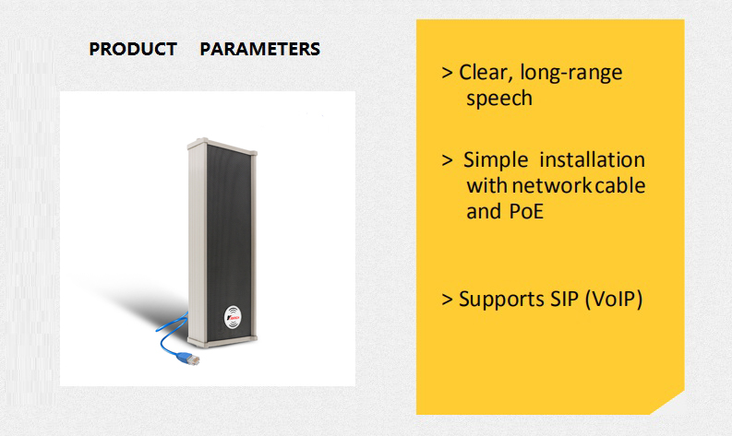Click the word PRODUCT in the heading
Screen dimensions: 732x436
[x=133, y=49]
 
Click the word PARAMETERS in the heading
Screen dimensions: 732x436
[x=260, y=49]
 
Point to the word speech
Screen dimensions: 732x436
[x=499, y=99]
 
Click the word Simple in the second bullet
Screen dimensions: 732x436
[x=496, y=161]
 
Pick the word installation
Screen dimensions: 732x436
[x=593, y=159]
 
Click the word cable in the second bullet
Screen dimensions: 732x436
[x=620, y=185]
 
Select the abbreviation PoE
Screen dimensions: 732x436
[x=526, y=212]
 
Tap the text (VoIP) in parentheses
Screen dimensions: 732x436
[x=614, y=300]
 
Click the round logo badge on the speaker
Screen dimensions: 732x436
[x=233, y=316]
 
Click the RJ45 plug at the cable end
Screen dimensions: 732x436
[x=189, y=359]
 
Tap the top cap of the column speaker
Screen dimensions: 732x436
[x=222, y=146]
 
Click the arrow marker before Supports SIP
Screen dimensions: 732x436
[x=447, y=300]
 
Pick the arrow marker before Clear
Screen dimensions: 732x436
[x=447, y=73]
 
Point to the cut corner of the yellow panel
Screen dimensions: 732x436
[x=667, y=403]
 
